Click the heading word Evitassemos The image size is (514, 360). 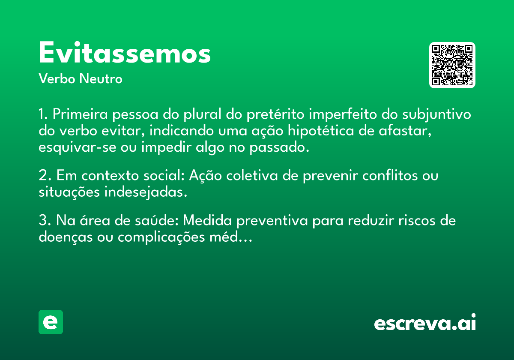125,52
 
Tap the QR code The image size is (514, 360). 452,65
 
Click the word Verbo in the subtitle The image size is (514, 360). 57,78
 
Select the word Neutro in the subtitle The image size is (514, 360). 101,78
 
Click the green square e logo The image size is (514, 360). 51,322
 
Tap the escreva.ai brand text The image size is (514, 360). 425,322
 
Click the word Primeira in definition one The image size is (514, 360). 80,114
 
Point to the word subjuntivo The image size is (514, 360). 436,114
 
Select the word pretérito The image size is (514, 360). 275,114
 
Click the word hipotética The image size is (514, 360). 321,131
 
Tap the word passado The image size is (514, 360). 279,147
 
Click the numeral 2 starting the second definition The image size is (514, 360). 43,176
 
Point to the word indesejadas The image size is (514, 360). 146,192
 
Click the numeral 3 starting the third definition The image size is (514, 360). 43,220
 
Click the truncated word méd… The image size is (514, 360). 231,237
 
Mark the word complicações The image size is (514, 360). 161,237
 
